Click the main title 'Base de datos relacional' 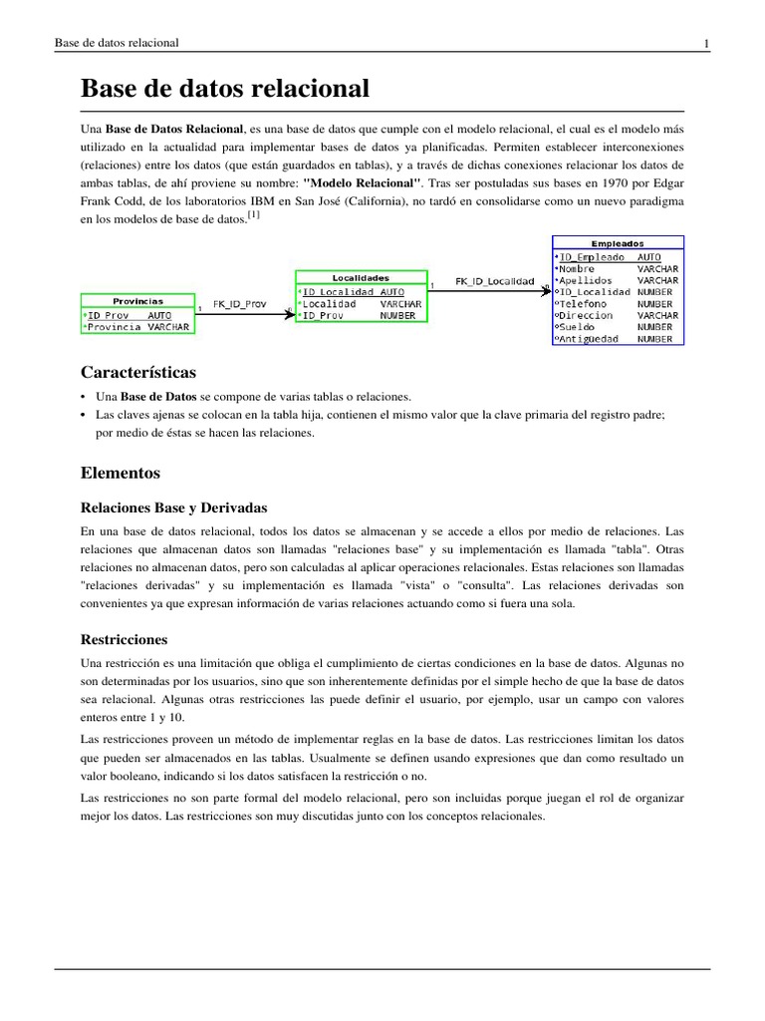tap(225, 89)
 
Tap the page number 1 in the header tap(706, 43)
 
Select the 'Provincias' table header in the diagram tap(137, 300)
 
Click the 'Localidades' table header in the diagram tap(361, 277)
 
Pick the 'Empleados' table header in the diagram tap(618, 242)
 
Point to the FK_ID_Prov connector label tap(240, 304)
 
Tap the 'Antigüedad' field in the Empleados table tap(588, 339)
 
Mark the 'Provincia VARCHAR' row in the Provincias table tap(137, 326)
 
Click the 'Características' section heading tap(138, 372)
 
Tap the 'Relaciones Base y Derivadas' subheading tap(173, 507)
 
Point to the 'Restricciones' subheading tap(125, 638)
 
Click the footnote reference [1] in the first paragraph tap(254, 214)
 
